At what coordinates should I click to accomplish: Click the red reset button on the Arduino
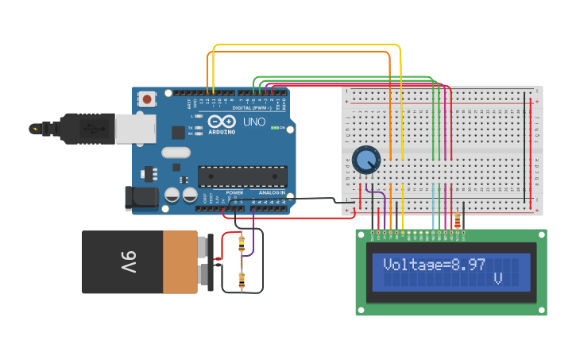147,99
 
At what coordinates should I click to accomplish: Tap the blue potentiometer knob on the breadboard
366,160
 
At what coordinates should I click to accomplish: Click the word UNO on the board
253,122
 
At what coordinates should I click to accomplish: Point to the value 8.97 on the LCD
468,265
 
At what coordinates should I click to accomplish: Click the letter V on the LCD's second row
498,279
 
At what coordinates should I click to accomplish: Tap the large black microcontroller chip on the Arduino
242,176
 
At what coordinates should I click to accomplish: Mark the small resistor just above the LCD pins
457,220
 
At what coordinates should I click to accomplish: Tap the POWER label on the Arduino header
234,192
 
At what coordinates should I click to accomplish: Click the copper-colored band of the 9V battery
180,262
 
